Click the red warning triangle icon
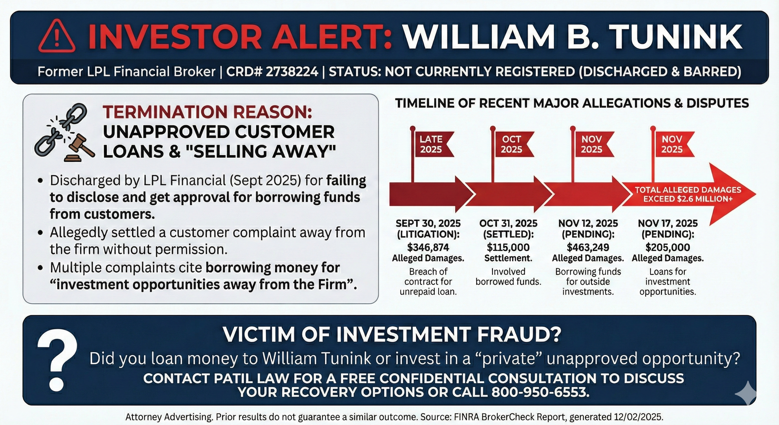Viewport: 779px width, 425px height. pos(57,36)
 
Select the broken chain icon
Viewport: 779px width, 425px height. pos(61,127)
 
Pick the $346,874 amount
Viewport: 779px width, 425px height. pos(428,247)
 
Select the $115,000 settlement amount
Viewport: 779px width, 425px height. pos(508,247)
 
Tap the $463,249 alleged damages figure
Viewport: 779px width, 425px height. pos(588,247)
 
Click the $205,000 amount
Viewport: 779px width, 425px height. pos(668,247)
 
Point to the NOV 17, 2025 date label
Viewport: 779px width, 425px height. pos(668,224)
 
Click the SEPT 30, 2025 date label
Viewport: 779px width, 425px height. pos(428,224)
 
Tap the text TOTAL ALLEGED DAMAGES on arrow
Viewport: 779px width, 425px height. pos(688,190)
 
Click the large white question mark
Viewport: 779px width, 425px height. pos(57,360)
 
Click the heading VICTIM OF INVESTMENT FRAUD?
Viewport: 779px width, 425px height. pos(392,334)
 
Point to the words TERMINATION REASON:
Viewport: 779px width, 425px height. pos(207,112)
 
